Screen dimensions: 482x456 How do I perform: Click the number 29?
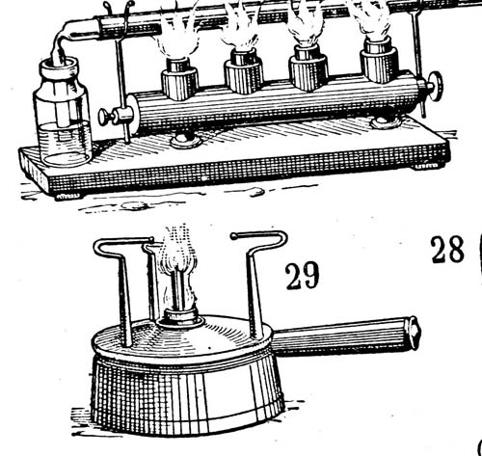coord(303,276)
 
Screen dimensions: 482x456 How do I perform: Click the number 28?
coord(447,250)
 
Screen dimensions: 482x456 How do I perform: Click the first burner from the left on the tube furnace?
coord(179,79)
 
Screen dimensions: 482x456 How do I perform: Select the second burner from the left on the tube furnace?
coord(244,71)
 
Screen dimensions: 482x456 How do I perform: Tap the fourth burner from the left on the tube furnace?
coord(379,60)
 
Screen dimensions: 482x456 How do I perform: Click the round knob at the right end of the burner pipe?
coord(437,86)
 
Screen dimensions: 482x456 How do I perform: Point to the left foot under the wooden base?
coord(67,196)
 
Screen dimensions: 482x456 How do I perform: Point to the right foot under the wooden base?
coord(426,166)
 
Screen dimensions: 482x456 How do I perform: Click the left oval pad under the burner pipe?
coord(183,141)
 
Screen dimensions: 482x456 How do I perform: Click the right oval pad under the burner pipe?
coord(385,122)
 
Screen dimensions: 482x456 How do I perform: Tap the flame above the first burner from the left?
coord(177,36)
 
